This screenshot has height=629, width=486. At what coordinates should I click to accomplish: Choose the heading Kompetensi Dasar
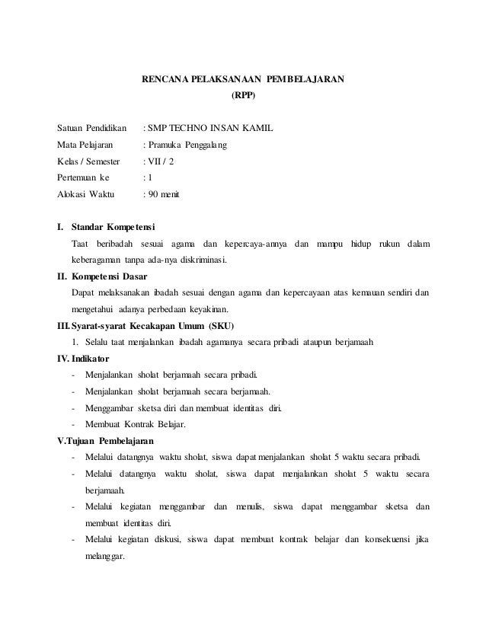(109, 276)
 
